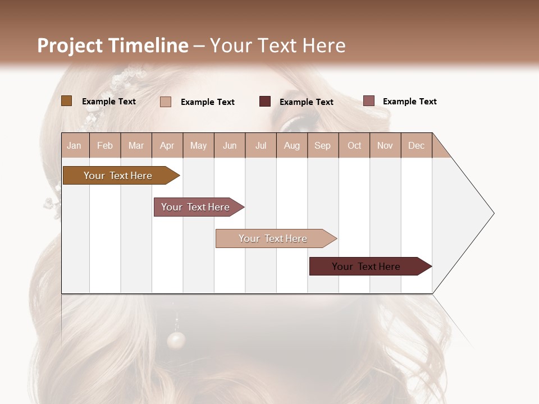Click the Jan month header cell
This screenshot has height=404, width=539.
pyautogui.click(x=75, y=145)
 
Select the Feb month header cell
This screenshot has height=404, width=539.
pyautogui.click(x=105, y=145)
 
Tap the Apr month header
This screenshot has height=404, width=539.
pyautogui.click(x=167, y=145)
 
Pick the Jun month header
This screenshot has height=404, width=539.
pyautogui.click(x=230, y=145)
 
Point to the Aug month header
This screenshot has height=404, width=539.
pyautogui.click(x=292, y=145)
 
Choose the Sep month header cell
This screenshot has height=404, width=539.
pyautogui.click(x=323, y=145)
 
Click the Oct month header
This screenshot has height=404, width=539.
pyautogui.click(x=354, y=145)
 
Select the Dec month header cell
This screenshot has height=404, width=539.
pyautogui.click(x=417, y=145)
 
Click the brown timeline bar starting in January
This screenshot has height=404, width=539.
pyautogui.click(x=118, y=176)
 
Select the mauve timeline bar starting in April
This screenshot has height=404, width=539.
pyautogui.click(x=196, y=207)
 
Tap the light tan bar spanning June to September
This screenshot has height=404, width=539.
pyautogui.click(x=273, y=238)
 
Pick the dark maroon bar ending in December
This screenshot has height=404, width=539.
pyautogui.click(x=367, y=267)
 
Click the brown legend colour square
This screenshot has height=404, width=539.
pyautogui.click(x=66, y=101)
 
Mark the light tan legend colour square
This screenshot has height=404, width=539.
pyautogui.click(x=166, y=102)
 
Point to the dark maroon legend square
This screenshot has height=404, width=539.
pyautogui.click(x=265, y=102)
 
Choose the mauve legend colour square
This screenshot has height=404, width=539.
pyautogui.click(x=369, y=101)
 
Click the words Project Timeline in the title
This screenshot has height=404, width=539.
pyautogui.click(x=112, y=45)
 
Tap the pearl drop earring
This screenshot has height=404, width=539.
pyautogui.click(x=176, y=340)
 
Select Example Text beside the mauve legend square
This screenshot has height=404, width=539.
pyautogui.click(x=409, y=102)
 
